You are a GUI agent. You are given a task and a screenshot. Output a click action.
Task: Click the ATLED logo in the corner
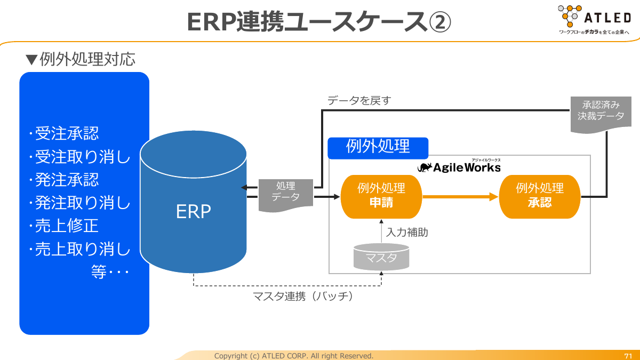point(595,19)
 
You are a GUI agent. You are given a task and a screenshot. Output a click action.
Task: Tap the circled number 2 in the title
point(439,22)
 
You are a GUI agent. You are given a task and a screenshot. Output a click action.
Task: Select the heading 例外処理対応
point(87,59)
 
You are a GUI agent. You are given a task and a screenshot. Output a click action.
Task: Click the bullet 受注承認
point(67,133)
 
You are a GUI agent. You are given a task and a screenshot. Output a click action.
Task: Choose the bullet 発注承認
point(67,180)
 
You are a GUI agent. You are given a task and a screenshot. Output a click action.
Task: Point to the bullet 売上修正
point(67,226)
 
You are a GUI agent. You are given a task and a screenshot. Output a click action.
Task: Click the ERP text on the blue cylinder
point(194,212)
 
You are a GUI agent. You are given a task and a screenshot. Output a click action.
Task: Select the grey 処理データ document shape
point(286,195)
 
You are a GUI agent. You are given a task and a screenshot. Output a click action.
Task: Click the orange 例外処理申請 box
point(381,197)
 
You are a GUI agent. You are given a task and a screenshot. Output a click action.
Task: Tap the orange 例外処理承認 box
point(539,197)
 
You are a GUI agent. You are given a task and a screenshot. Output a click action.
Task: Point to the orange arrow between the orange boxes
point(460,197)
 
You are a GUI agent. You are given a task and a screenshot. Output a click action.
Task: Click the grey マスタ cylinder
point(381,257)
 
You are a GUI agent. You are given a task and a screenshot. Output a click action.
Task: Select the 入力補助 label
point(407,233)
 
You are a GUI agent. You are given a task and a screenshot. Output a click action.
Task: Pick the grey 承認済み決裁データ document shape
point(601,115)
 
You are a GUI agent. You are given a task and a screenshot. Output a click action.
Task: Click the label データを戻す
point(359,101)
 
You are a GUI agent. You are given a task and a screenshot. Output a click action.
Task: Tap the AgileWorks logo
point(459,166)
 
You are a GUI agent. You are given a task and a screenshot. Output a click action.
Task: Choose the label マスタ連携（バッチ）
point(303,297)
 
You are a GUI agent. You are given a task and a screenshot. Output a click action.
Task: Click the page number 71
point(628,356)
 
